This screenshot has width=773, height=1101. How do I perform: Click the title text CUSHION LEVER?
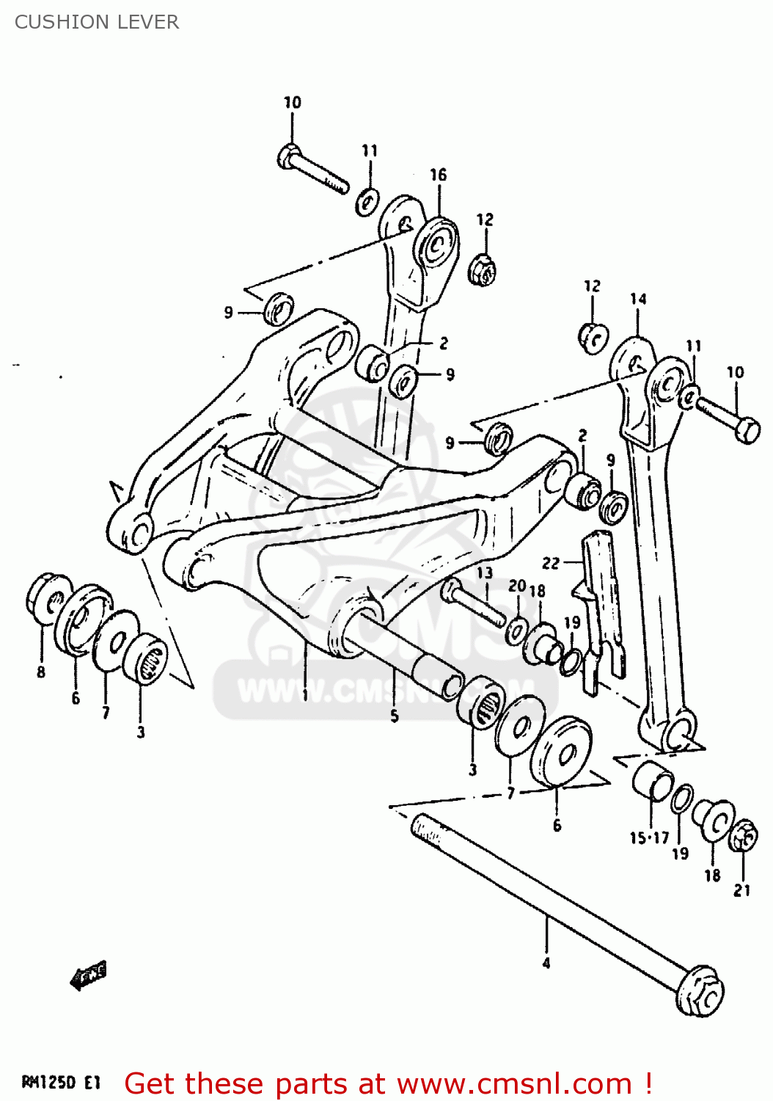point(96,22)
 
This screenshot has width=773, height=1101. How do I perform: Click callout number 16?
point(438,175)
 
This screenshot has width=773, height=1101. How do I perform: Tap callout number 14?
point(638,299)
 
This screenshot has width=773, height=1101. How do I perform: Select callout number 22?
point(551,563)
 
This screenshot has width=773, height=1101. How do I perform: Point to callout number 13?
point(485,573)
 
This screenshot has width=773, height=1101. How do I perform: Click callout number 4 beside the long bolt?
point(546,963)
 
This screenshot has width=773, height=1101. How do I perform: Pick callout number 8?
point(41,672)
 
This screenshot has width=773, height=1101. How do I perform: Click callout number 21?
point(742,890)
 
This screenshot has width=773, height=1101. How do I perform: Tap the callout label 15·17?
point(649,837)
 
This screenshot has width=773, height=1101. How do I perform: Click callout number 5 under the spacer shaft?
point(395,716)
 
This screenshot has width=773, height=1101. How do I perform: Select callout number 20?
point(517,586)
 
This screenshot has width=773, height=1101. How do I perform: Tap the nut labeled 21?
point(743,836)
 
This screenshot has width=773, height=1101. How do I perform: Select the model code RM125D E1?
point(61,1082)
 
